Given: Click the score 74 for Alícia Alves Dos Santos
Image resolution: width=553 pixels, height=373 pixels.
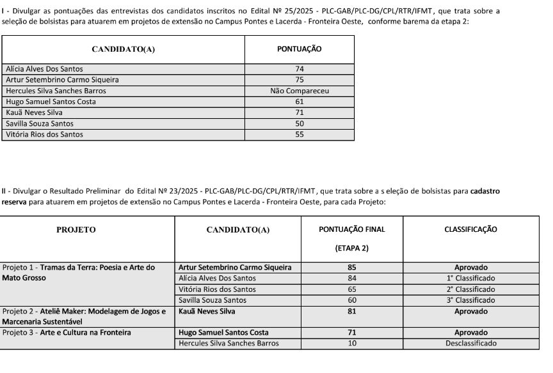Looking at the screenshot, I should (300, 69).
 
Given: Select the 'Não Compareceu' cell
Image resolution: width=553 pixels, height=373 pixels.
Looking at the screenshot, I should (300, 91).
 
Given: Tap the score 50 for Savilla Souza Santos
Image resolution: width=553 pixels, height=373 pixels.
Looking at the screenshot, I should (300, 123).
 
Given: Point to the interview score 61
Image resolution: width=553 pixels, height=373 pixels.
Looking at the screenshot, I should (300, 102).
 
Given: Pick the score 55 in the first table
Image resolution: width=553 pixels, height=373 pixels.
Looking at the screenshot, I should (300, 134).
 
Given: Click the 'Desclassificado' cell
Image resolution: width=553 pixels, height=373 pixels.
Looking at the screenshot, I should (470, 343).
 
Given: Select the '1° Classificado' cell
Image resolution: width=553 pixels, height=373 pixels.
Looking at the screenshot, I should (470, 278).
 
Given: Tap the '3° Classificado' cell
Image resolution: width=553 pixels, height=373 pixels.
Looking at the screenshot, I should (470, 300).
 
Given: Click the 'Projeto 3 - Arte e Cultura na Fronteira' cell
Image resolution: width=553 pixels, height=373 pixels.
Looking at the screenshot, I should (67, 332).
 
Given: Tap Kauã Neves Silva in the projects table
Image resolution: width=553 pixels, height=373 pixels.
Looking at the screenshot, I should (207, 311).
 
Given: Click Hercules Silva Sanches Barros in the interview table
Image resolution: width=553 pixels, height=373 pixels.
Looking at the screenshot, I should (56, 91).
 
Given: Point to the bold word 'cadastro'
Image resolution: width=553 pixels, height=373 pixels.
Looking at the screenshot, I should (485, 191).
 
